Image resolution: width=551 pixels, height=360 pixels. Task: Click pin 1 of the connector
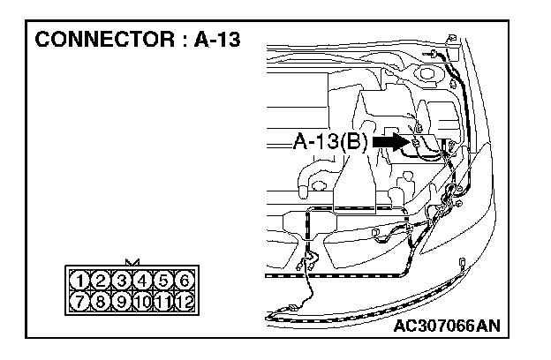[81, 281]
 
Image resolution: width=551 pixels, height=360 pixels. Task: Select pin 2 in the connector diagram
[102, 281]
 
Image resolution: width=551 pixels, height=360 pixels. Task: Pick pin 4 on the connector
[142, 281]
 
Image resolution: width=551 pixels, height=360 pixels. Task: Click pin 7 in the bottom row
[81, 301]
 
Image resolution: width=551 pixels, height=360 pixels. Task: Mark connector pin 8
[102, 301]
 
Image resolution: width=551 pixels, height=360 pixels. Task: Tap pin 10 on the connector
[142, 301]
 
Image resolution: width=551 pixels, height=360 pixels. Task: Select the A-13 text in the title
[215, 40]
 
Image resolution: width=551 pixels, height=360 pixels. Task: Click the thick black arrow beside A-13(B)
[389, 140]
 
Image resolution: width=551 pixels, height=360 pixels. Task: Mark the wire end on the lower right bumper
[463, 262]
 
